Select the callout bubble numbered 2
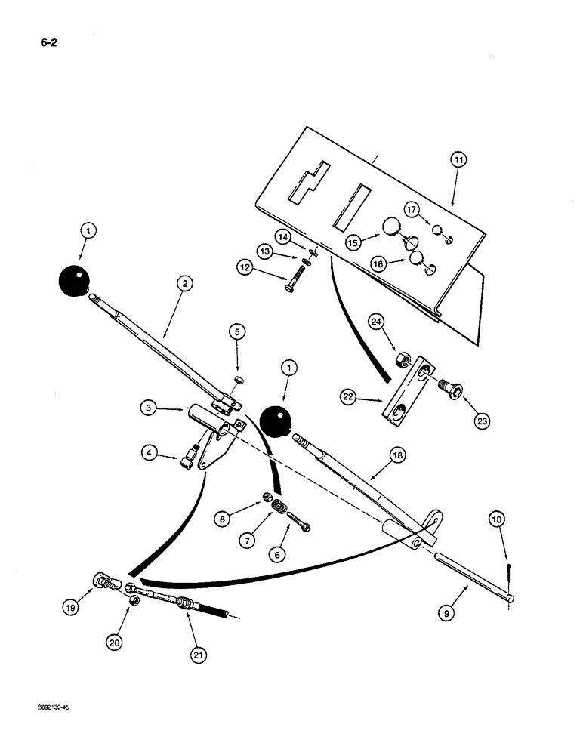185,283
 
